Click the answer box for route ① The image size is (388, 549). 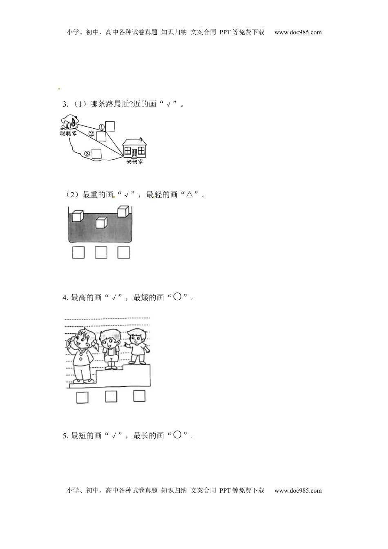click(x=110, y=126)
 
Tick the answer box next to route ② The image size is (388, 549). click(x=101, y=136)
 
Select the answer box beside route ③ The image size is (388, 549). click(x=96, y=154)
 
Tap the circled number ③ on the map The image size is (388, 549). click(x=87, y=154)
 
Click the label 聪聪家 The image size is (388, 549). click(x=68, y=133)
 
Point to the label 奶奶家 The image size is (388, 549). click(x=134, y=161)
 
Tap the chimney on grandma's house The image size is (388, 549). click(x=140, y=139)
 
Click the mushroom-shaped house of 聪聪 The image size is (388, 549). click(x=70, y=122)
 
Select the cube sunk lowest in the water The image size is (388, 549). click(x=101, y=223)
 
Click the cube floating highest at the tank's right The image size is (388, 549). click(x=123, y=211)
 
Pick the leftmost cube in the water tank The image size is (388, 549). click(x=78, y=216)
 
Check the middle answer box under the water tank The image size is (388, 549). click(x=101, y=252)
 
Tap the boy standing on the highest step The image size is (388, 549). click(x=137, y=346)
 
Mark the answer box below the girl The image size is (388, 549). click(x=83, y=397)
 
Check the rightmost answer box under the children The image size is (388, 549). click(x=139, y=396)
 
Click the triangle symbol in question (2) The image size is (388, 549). click(x=190, y=194)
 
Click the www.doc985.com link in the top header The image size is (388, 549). click(x=298, y=32)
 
